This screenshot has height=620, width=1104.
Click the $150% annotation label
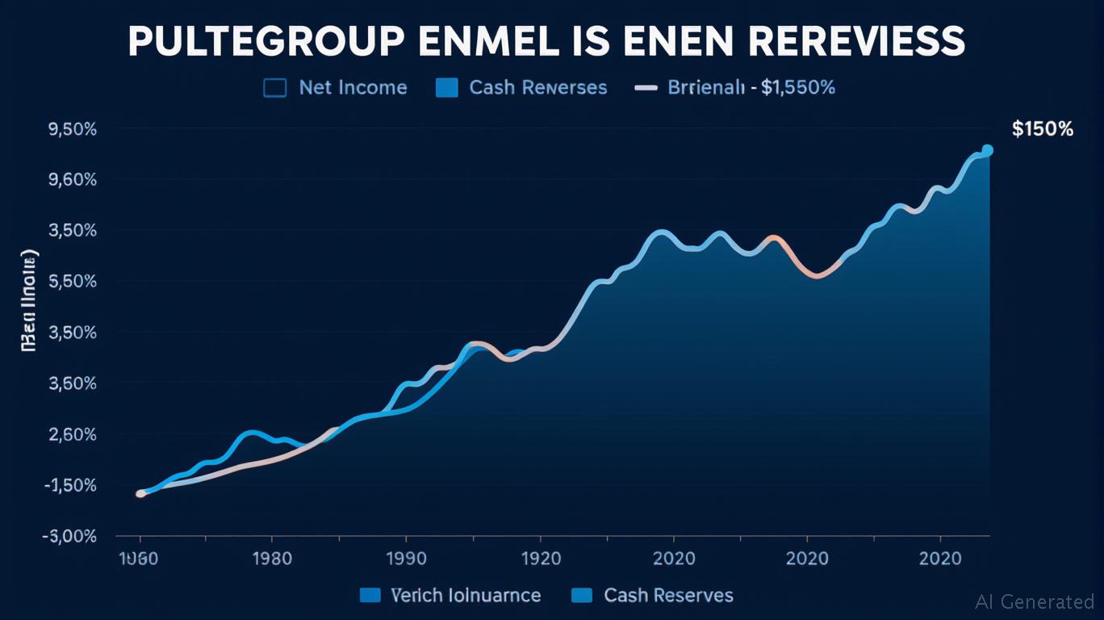pos(1042,129)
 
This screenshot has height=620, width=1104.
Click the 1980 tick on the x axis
pos(272,559)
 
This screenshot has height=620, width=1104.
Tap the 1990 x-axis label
pos(405,559)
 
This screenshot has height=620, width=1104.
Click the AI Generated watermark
pos(1035,601)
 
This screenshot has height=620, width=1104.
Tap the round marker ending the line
pos(987,150)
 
